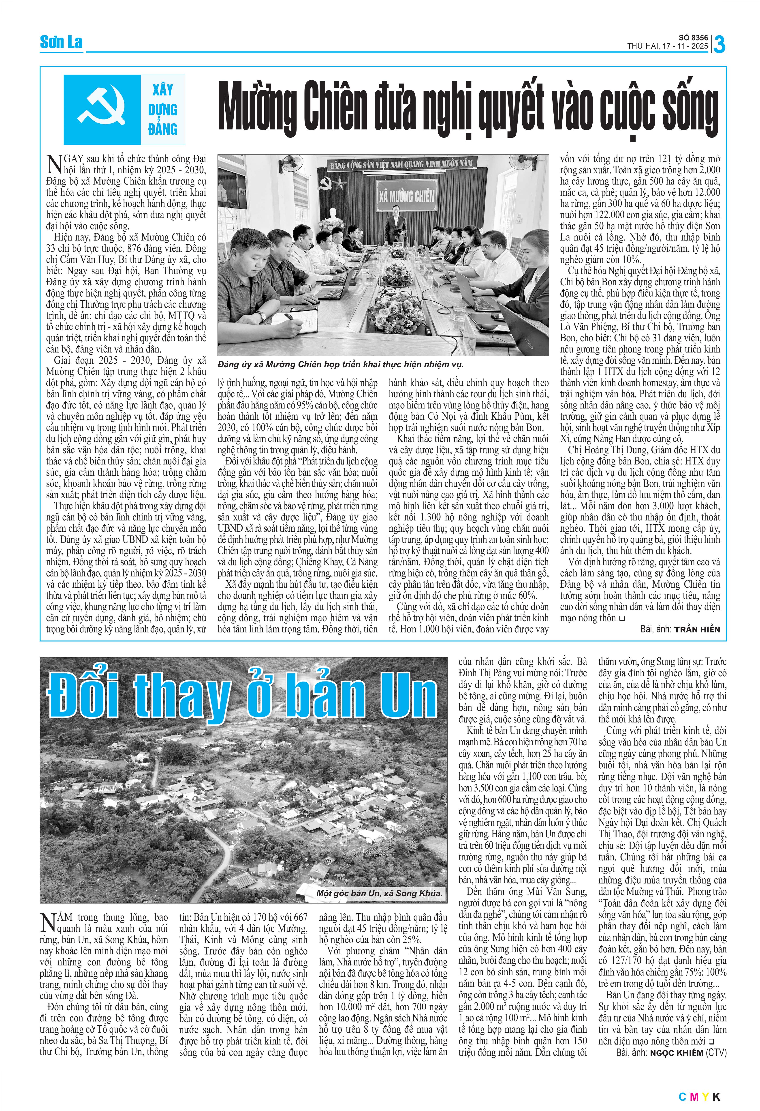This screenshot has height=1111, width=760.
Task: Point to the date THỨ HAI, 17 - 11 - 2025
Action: pos(668,46)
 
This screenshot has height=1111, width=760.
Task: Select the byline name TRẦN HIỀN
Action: pos(697,629)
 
